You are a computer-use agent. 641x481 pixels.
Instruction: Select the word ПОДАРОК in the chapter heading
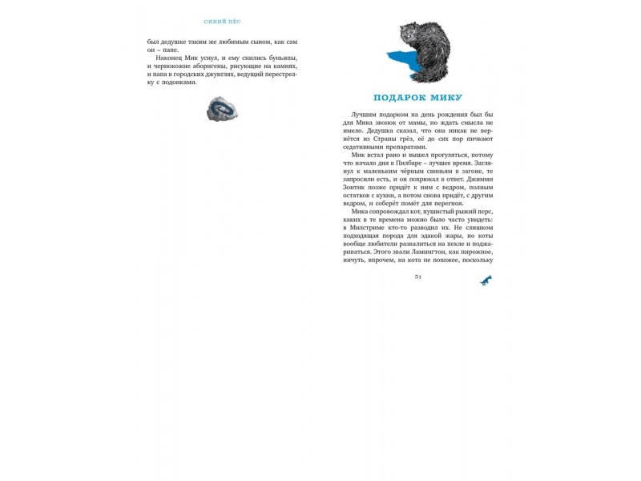coord(400,98)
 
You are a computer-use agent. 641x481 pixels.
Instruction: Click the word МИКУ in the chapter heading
coord(444,98)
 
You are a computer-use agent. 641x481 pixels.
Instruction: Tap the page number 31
coord(417,277)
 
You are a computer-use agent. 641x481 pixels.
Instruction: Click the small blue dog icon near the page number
coord(486,278)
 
